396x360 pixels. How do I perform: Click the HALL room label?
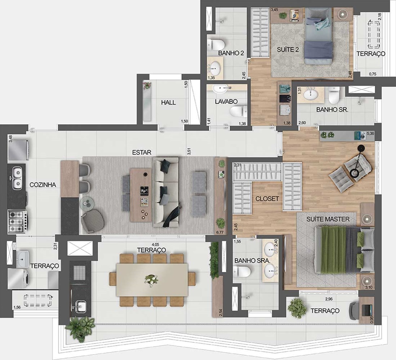[x=169, y=103]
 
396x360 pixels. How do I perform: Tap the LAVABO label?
[x=226, y=101]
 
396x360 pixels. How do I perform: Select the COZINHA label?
[x=43, y=185]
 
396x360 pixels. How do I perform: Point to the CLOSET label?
[x=267, y=199]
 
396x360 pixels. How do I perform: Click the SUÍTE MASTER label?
[x=328, y=219]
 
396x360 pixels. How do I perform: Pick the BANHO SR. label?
[x=332, y=110]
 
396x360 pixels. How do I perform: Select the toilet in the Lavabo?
[x=238, y=111]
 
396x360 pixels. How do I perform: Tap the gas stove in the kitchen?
[x=17, y=221]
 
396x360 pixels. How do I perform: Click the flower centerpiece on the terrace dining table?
[x=152, y=280]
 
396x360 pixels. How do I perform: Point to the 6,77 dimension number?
[x=220, y=232]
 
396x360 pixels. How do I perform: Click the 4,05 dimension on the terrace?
[x=155, y=245]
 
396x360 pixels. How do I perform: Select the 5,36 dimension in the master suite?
[x=371, y=134]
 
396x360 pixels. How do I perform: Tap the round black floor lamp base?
[x=355, y=173]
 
